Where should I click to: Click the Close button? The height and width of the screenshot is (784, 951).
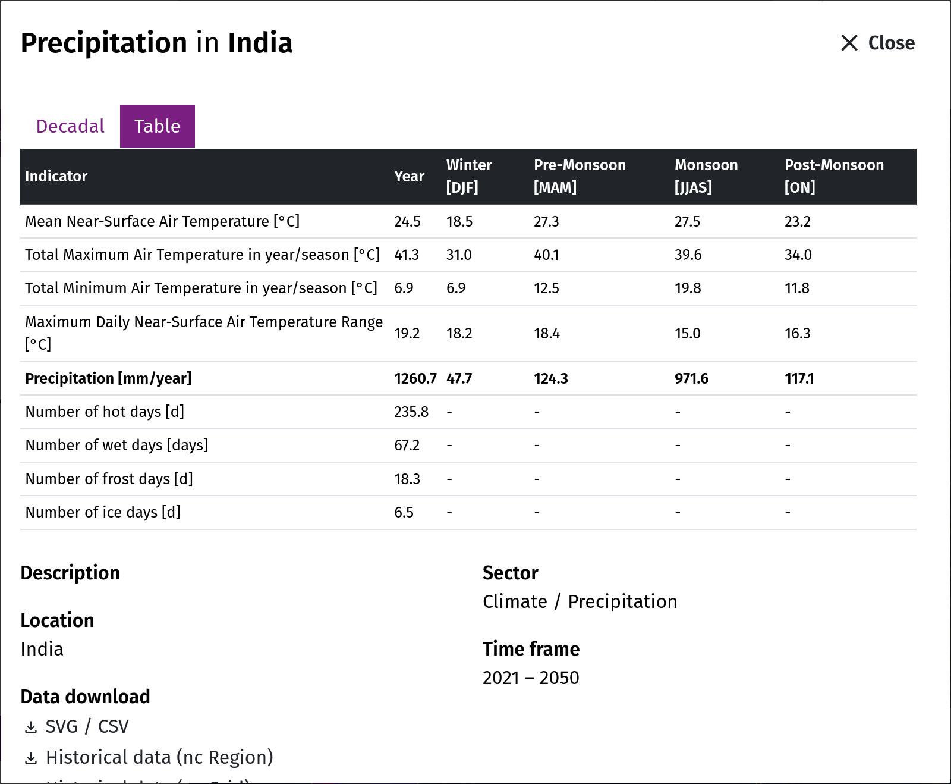877,43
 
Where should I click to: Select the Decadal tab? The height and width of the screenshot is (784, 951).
70,126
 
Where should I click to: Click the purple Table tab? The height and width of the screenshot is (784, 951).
158,126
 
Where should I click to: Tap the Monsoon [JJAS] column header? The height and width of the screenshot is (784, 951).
706,176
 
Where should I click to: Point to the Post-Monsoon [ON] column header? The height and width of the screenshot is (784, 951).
834,176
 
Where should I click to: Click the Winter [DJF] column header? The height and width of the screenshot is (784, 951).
469,176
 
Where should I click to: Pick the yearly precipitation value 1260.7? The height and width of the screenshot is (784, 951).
415,379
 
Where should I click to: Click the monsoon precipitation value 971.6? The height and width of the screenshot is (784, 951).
691,379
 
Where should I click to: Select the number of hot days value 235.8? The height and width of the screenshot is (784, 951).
411,412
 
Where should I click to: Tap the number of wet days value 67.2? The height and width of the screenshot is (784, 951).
407,446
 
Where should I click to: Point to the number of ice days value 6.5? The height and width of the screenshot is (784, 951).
404,512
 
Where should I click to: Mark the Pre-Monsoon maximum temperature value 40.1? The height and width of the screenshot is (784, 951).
547,255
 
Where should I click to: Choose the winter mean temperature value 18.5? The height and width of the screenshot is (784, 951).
459,222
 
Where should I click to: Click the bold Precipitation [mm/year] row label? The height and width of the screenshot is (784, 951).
108,379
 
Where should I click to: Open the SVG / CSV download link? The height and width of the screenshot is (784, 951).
87,726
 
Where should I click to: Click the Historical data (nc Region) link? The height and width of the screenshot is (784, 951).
159,757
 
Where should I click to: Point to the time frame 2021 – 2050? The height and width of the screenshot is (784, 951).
531,678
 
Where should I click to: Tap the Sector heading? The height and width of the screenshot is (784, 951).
510,573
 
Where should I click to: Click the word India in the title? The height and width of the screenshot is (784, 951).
260,43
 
